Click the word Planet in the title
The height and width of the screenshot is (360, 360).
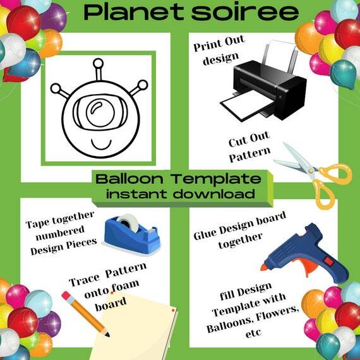tap(134, 12)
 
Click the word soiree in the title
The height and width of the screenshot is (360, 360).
tap(245, 12)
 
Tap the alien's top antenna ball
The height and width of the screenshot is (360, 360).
tap(99, 63)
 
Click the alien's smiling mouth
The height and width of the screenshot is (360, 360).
tap(101, 144)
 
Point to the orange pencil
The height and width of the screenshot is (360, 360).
tap(85, 314)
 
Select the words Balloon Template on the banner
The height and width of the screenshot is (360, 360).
tap(178, 179)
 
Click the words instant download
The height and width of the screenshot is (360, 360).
tap(181, 193)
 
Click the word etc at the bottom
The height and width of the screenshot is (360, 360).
tap(253, 332)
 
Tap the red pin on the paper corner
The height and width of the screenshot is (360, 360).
tap(173, 311)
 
